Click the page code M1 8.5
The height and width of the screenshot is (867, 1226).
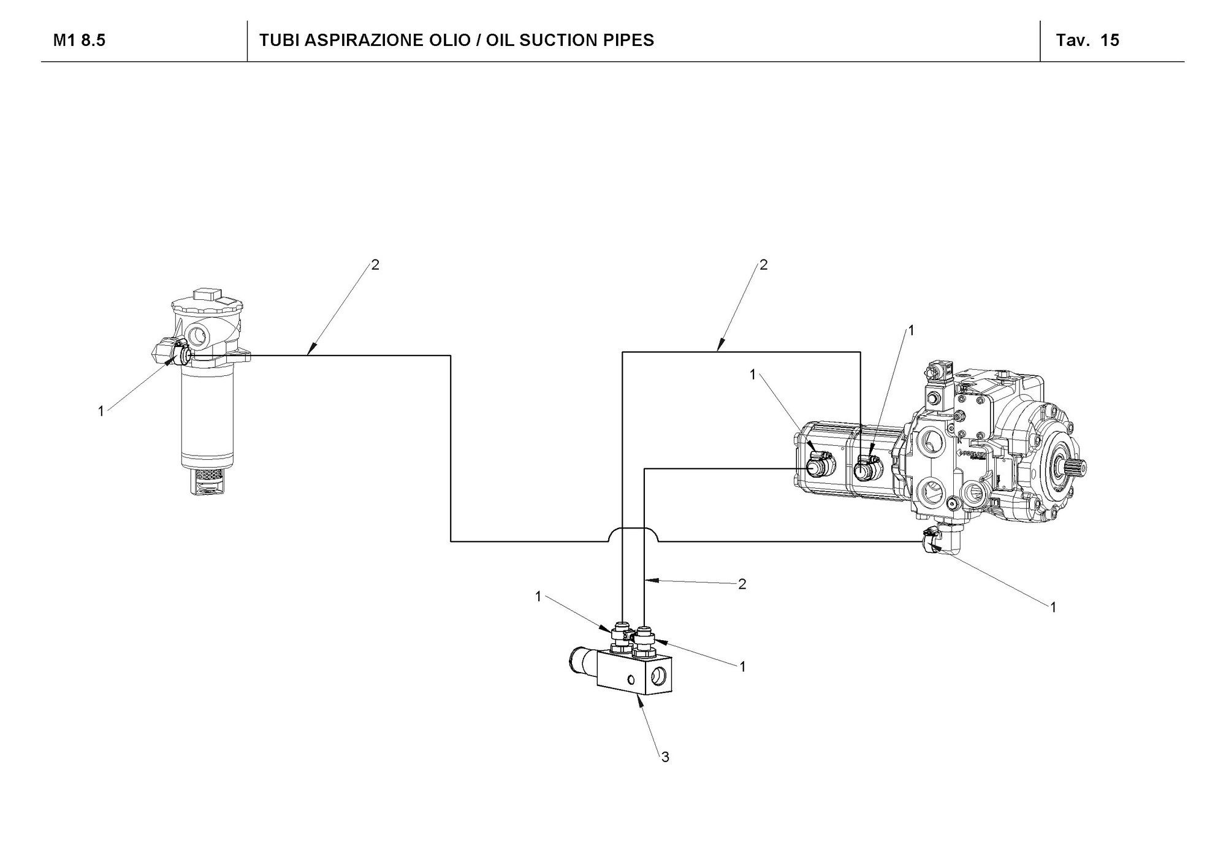tap(79, 40)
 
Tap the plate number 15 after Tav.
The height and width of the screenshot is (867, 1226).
tap(1110, 40)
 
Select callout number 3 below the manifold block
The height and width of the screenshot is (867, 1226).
tap(665, 757)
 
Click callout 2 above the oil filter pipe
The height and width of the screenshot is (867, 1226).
tap(375, 264)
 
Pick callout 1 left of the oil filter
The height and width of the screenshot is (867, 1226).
tap(101, 411)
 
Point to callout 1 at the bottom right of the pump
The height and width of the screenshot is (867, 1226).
tap(1053, 607)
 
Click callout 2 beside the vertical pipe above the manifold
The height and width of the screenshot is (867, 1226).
tap(742, 584)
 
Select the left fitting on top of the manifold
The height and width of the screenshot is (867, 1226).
tap(620, 638)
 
